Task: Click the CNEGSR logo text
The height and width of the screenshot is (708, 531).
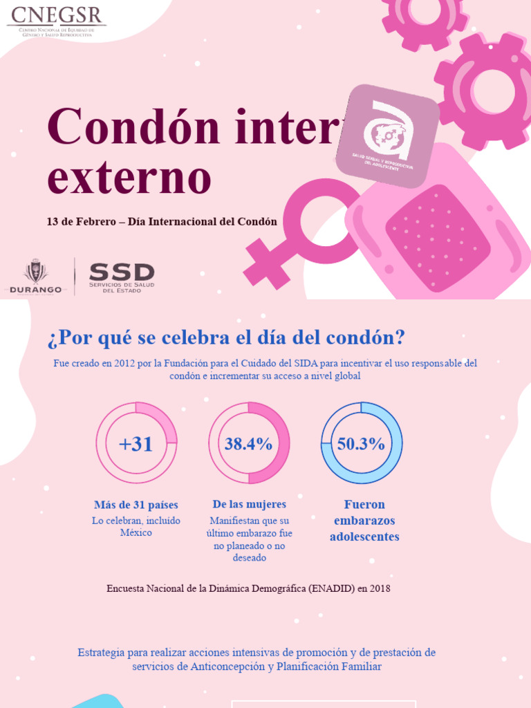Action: click(55, 15)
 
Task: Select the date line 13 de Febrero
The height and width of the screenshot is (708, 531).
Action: click(162, 222)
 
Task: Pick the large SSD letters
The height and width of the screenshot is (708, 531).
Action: click(122, 272)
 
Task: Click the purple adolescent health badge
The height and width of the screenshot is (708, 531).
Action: click(387, 136)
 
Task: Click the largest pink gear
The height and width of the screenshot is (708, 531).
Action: click(489, 91)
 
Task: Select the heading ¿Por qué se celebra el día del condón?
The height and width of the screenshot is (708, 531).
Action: click(226, 338)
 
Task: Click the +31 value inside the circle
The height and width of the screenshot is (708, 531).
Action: click(136, 444)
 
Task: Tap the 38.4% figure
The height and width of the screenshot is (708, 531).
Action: click(248, 444)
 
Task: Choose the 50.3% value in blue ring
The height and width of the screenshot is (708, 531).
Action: click(361, 444)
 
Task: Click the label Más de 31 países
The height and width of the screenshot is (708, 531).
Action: click(136, 505)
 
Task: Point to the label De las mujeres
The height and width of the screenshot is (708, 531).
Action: click(249, 504)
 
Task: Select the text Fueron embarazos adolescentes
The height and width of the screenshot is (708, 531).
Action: click(364, 521)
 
